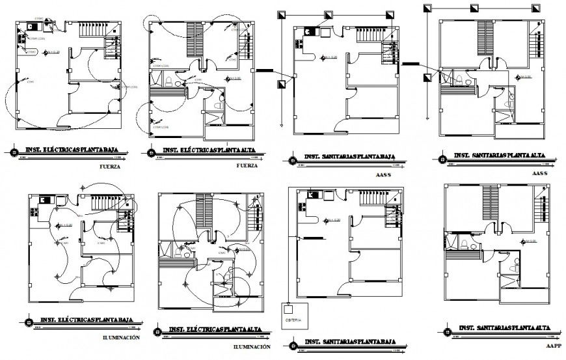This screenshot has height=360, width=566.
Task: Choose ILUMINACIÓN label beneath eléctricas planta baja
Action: pyautogui.click(x=121, y=338)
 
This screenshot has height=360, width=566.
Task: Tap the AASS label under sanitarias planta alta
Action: pyautogui.click(x=541, y=174)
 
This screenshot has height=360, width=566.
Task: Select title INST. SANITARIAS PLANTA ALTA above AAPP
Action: pyautogui.click(x=502, y=327)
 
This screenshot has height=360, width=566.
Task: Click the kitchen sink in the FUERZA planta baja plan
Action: pyautogui.click(x=31, y=27)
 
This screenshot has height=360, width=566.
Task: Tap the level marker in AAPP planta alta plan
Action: pyautogui.click(x=522, y=242)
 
